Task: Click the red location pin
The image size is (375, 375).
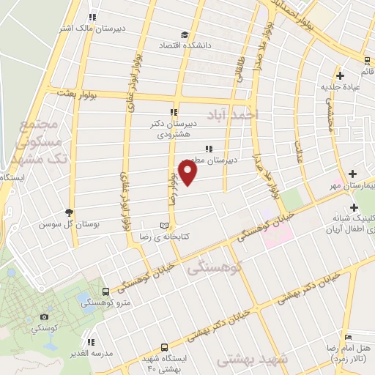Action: pos(188,173)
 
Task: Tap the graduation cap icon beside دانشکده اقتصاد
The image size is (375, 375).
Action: pos(184,34)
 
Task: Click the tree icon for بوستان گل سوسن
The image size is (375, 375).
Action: pos(70,212)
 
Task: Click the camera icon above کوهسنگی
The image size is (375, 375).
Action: pos(44,316)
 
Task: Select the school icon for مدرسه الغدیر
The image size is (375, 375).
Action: pos(91,342)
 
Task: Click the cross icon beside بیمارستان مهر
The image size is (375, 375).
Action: pos(353,174)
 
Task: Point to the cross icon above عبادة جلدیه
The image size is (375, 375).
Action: pos(340,75)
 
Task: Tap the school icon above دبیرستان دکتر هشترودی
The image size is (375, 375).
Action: pos(174,112)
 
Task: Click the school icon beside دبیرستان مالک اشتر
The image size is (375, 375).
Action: pos(92,17)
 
